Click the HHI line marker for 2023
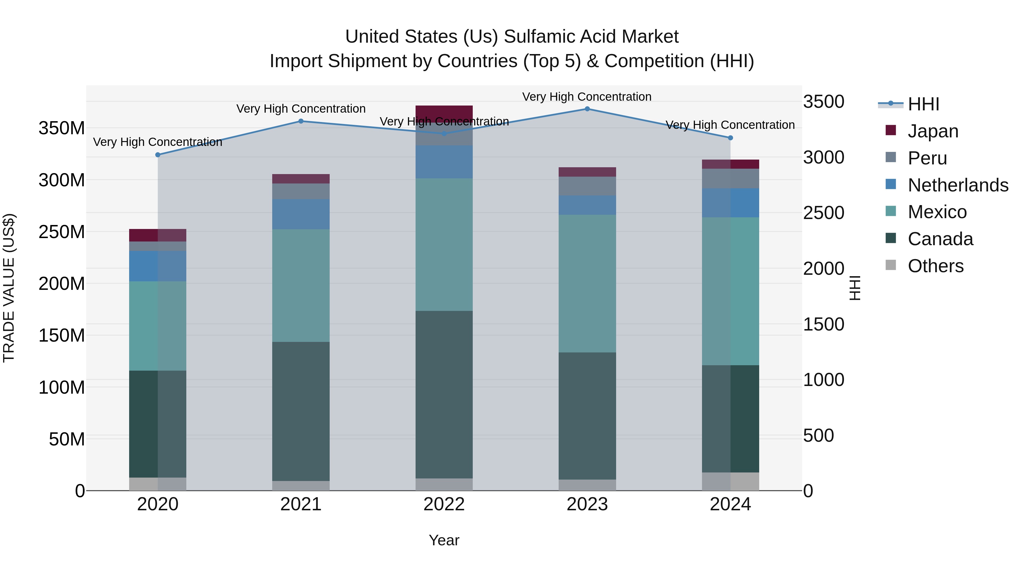coord(587,109)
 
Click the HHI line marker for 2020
coord(158,155)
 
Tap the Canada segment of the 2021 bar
coord(301,411)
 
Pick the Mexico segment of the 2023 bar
coord(587,283)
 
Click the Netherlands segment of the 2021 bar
coord(301,214)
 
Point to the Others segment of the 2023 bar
coord(587,485)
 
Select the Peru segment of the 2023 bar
coord(587,186)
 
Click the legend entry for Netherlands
coord(958,185)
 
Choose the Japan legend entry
coord(933,131)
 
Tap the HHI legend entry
coord(923,104)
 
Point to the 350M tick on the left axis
coord(62,128)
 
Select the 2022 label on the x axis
coord(444,504)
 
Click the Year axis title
coord(444,540)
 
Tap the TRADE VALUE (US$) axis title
coord(9,288)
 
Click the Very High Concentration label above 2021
coord(301,109)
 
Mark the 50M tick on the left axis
coord(67,439)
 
